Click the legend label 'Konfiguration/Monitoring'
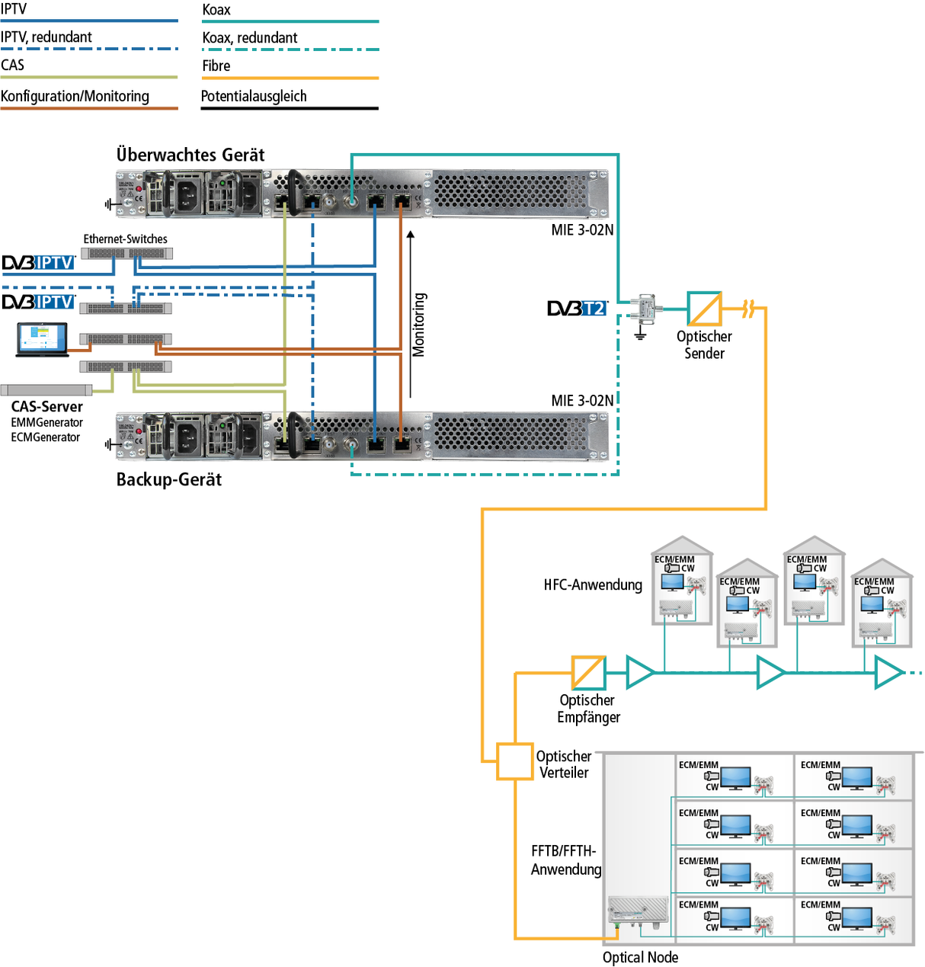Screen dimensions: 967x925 coord(75,97)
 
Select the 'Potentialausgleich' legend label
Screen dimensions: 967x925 coord(254,97)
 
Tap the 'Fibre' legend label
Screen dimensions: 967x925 coord(216,66)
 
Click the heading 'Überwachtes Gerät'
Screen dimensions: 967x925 coord(190,155)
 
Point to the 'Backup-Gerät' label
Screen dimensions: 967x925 coord(169,480)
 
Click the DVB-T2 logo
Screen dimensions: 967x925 coord(578,309)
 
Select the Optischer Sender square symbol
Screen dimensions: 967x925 coord(704,309)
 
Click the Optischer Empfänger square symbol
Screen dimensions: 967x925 coord(588,673)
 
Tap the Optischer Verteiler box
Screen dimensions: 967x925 coord(515,761)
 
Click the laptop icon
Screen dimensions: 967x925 coord(42,340)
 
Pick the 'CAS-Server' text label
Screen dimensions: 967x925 coord(46,407)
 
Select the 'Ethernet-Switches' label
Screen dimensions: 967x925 coord(125,239)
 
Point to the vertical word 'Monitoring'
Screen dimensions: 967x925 coord(419,325)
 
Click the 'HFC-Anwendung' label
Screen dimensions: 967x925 coord(593,585)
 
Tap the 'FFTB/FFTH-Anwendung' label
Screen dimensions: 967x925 coord(565,860)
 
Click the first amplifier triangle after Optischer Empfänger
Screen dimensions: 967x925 coord(639,673)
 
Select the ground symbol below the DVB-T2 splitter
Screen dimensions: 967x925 coord(640,334)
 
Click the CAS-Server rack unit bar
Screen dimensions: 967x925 coord(46,390)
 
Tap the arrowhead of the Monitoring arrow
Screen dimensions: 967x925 coord(411,235)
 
